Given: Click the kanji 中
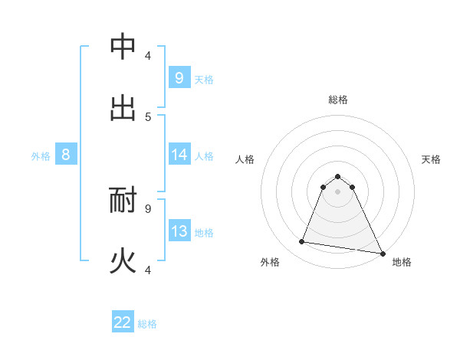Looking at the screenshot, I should (123, 47).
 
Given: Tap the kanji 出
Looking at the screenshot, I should (123, 108).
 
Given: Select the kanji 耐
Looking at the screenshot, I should (123, 201).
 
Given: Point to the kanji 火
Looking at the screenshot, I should (123, 261).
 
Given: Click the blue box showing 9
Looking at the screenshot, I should (179, 78).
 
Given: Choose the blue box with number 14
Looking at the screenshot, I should (179, 155).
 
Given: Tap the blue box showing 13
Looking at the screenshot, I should (179, 231).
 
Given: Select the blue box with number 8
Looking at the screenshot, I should (66, 155).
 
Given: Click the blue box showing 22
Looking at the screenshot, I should (123, 322).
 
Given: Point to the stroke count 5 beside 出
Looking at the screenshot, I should (148, 116).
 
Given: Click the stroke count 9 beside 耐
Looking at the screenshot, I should (148, 208).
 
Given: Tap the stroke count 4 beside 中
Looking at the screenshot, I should (148, 55).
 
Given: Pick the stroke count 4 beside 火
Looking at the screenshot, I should (148, 269).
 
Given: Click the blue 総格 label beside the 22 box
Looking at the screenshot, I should (147, 324).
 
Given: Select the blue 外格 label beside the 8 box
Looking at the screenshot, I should (41, 156).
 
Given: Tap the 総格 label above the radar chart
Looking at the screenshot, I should (337, 100).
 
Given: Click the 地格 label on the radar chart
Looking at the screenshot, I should (402, 263).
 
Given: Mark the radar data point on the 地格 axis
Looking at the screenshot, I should (382, 252).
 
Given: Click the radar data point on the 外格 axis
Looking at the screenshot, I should (302, 242).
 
